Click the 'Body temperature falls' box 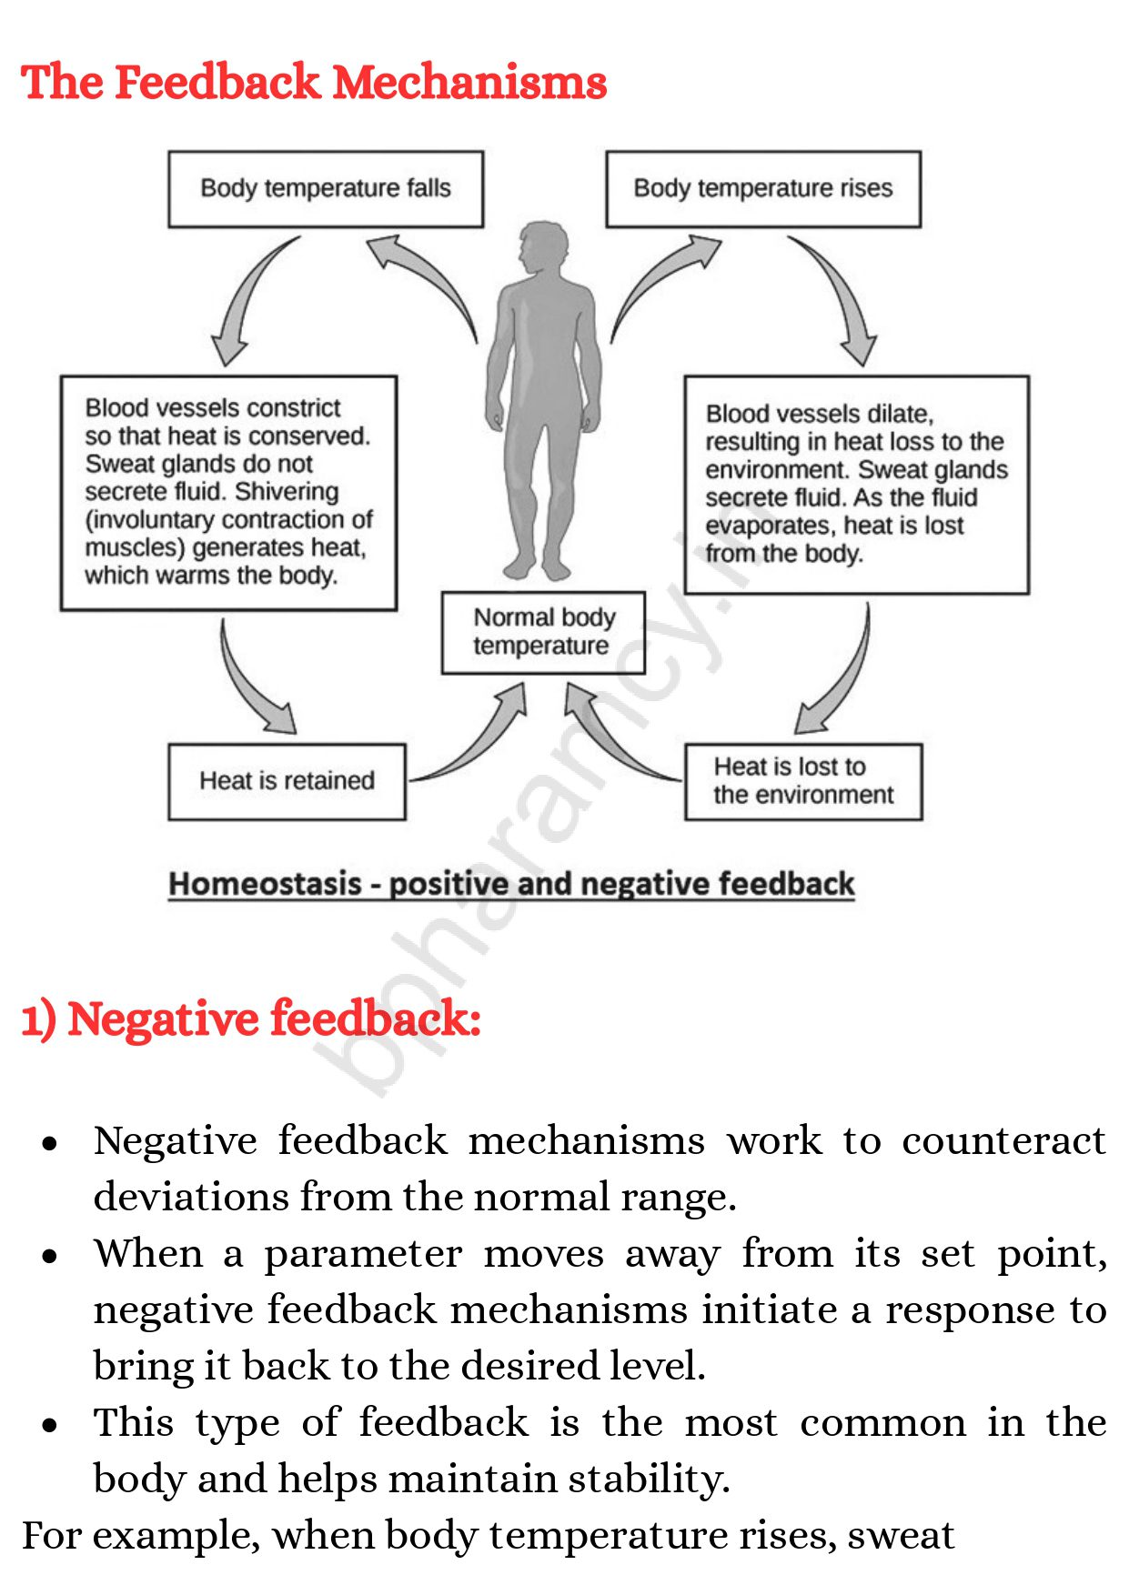pyautogui.click(x=326, y=189)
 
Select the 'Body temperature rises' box pyautogui.click(x=763, y=189)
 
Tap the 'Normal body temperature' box pyautogui.click(x=543, y=633)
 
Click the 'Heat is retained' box pyautogui.click(x=287, y=781)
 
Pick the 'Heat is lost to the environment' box pyautogui.click(x=802, y=781)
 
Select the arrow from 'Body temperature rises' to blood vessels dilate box pyautogui.click(x=837, y=296)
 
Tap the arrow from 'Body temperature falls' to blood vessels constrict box pyautogui.click(x=250, y=296)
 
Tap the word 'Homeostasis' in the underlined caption pyautogui.click(x=266, y=884)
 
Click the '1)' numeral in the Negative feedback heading pyautogui.click(x=38, y=1019)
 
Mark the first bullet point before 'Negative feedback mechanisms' pyautogui.click(x=50, y=1144)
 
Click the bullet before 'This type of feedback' pyautogui.click(x=50, y=1426)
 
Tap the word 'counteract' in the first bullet pyautogui.click(x=1003, y=1141)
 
